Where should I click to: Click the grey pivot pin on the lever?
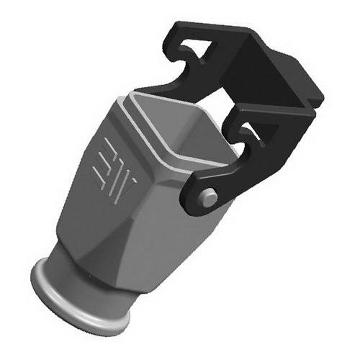pos(208,197)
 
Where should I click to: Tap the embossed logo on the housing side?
pos(114,171)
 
